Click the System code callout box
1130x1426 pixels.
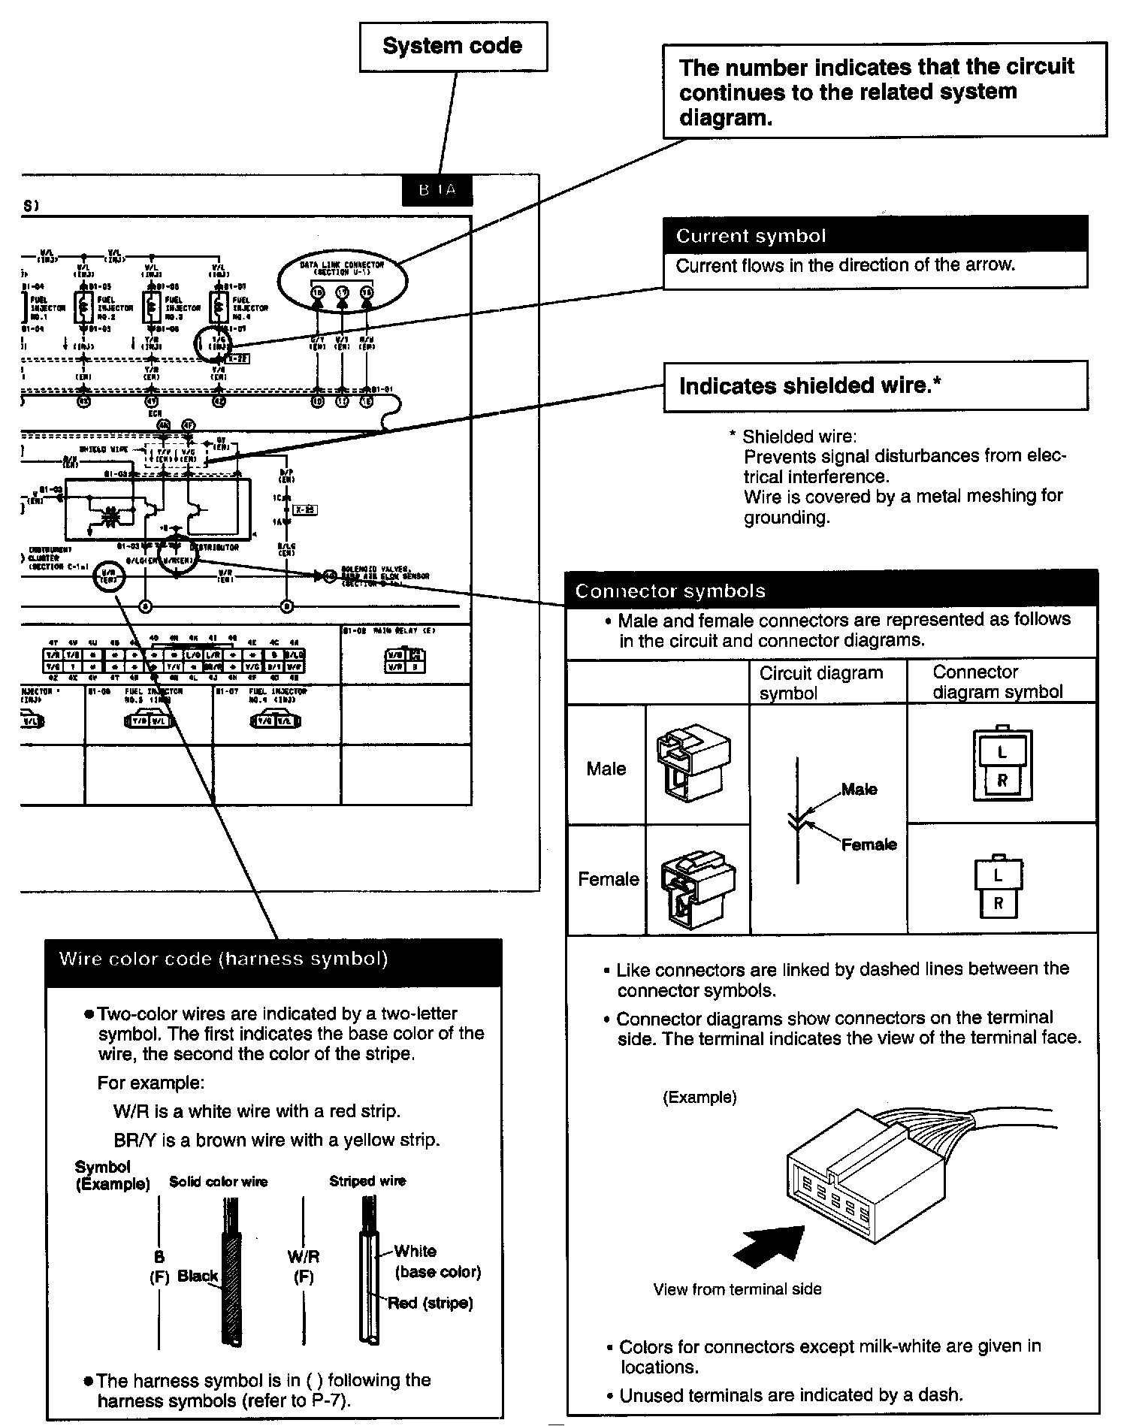coord(453,46)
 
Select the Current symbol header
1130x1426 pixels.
coord(875,236)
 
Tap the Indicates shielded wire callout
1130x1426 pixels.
coord(875,386)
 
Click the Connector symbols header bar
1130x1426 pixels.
coord(831,591)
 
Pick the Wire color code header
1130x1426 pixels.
coord(273,960)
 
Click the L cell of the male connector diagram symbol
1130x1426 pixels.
coord(1002,752)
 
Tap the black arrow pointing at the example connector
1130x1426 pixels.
coord(767,1248)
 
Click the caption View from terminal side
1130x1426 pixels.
coord(737,1289)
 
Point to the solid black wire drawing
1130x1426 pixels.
coord(233,1272)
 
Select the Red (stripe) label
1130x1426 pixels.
coord(431,1303)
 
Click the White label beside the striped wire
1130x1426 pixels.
coord(415,1251)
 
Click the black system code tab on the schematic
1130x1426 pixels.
coord(437,190)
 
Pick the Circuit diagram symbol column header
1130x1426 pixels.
coord(821,682)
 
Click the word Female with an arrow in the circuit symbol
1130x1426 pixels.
coord(869,844)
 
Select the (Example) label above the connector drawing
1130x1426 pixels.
coord(699,1098)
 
